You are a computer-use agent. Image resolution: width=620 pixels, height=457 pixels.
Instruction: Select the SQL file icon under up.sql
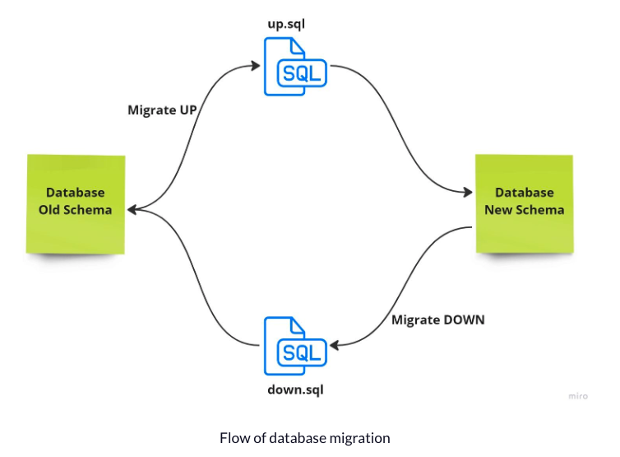coord(294,68)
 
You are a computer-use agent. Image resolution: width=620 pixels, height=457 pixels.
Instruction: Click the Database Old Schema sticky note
coord(76,202)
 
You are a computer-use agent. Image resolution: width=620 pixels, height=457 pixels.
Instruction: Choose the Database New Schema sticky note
coord(524,202)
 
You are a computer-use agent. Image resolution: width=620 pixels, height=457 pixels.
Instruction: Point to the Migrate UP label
coord(162,110)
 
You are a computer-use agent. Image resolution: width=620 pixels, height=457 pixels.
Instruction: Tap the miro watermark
coord(578,396)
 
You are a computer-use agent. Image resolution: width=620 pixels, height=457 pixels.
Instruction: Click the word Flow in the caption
coord(234,438)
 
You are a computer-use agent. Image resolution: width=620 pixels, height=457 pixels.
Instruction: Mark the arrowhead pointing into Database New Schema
coord(468,193)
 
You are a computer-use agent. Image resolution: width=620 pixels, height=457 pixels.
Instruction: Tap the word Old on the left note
coord(52,210)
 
